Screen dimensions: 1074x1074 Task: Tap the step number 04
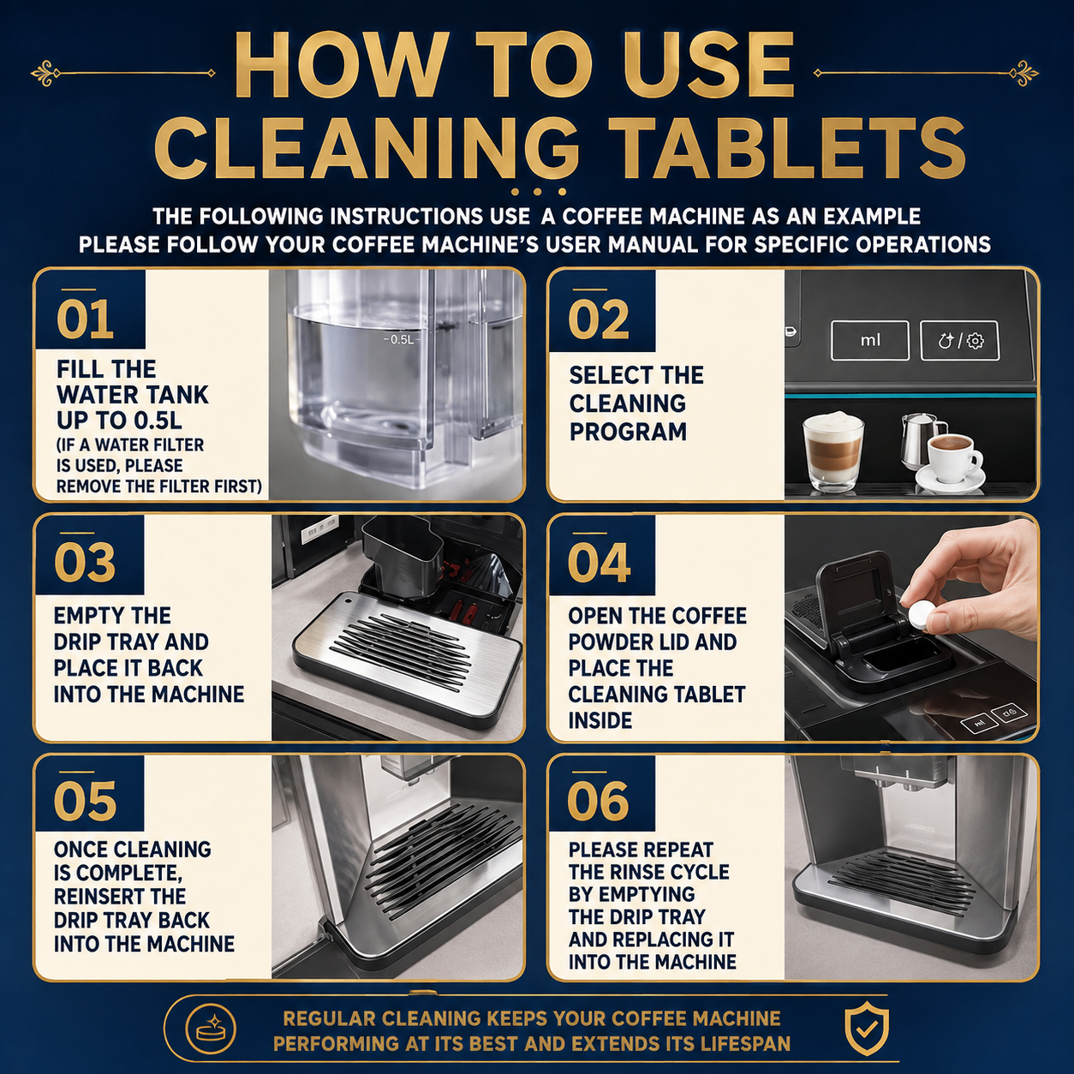[x=599, y=563]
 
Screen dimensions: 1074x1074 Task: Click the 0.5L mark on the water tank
[x=400, y=339]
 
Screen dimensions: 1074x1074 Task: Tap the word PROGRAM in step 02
[x=628, y=432]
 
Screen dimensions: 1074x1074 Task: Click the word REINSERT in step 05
[x=119, y=896]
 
